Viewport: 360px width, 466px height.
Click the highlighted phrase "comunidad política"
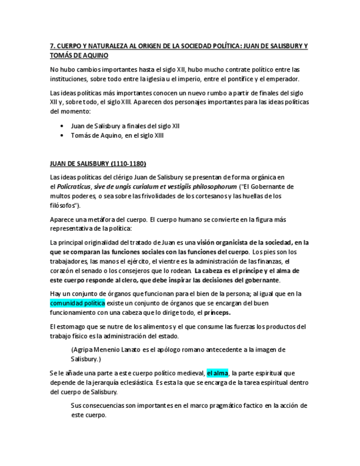pos(77,303)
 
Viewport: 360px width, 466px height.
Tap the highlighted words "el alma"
pos(218,373)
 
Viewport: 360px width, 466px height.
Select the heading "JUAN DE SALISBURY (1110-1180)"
pos(98,164)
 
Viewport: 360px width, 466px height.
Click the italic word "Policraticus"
pos(74,186)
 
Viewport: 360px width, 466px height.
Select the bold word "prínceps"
pos(217,312)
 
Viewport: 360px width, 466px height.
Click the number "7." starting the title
pos(53,46)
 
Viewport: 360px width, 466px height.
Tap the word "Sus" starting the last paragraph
pos(76,406)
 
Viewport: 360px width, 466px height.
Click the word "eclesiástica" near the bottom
pos(131,382)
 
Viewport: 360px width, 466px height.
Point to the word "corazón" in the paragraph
pos(62,270)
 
